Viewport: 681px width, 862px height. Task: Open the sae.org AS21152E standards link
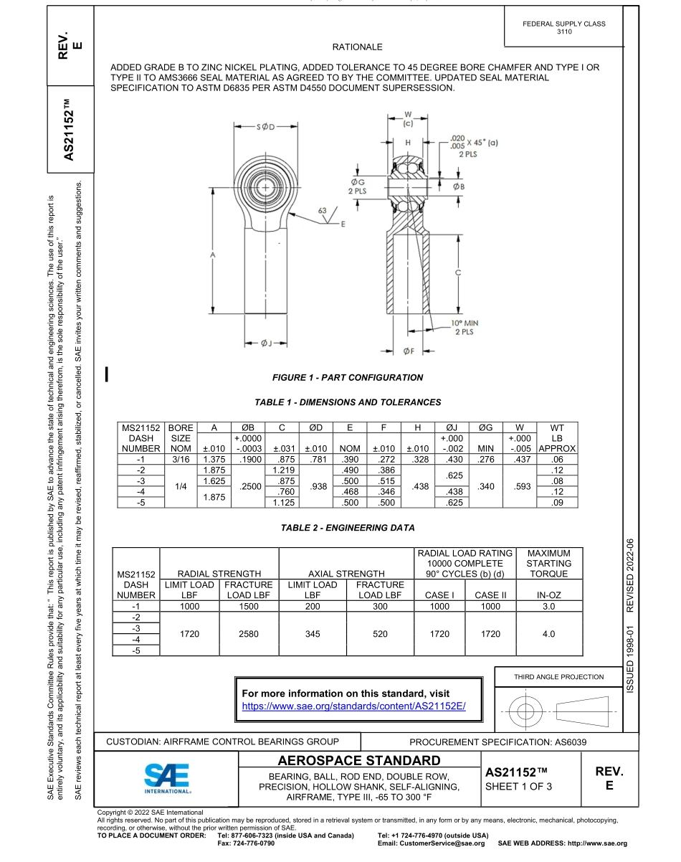(354, 706)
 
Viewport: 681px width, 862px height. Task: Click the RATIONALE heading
(357, 47)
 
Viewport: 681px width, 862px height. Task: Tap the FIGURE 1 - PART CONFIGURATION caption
(348, 377)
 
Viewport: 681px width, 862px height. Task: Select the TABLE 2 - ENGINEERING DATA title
(348, 528)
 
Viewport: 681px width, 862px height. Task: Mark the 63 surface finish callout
(322, 211)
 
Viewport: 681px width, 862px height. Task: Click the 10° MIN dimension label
(465, 323)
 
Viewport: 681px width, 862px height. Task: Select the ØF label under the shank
(409, 351)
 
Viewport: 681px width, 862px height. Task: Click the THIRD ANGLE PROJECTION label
(558, 676)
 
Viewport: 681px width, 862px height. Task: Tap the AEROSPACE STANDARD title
(358, 760)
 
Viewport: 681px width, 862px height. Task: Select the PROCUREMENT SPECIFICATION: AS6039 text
(497, 742)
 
